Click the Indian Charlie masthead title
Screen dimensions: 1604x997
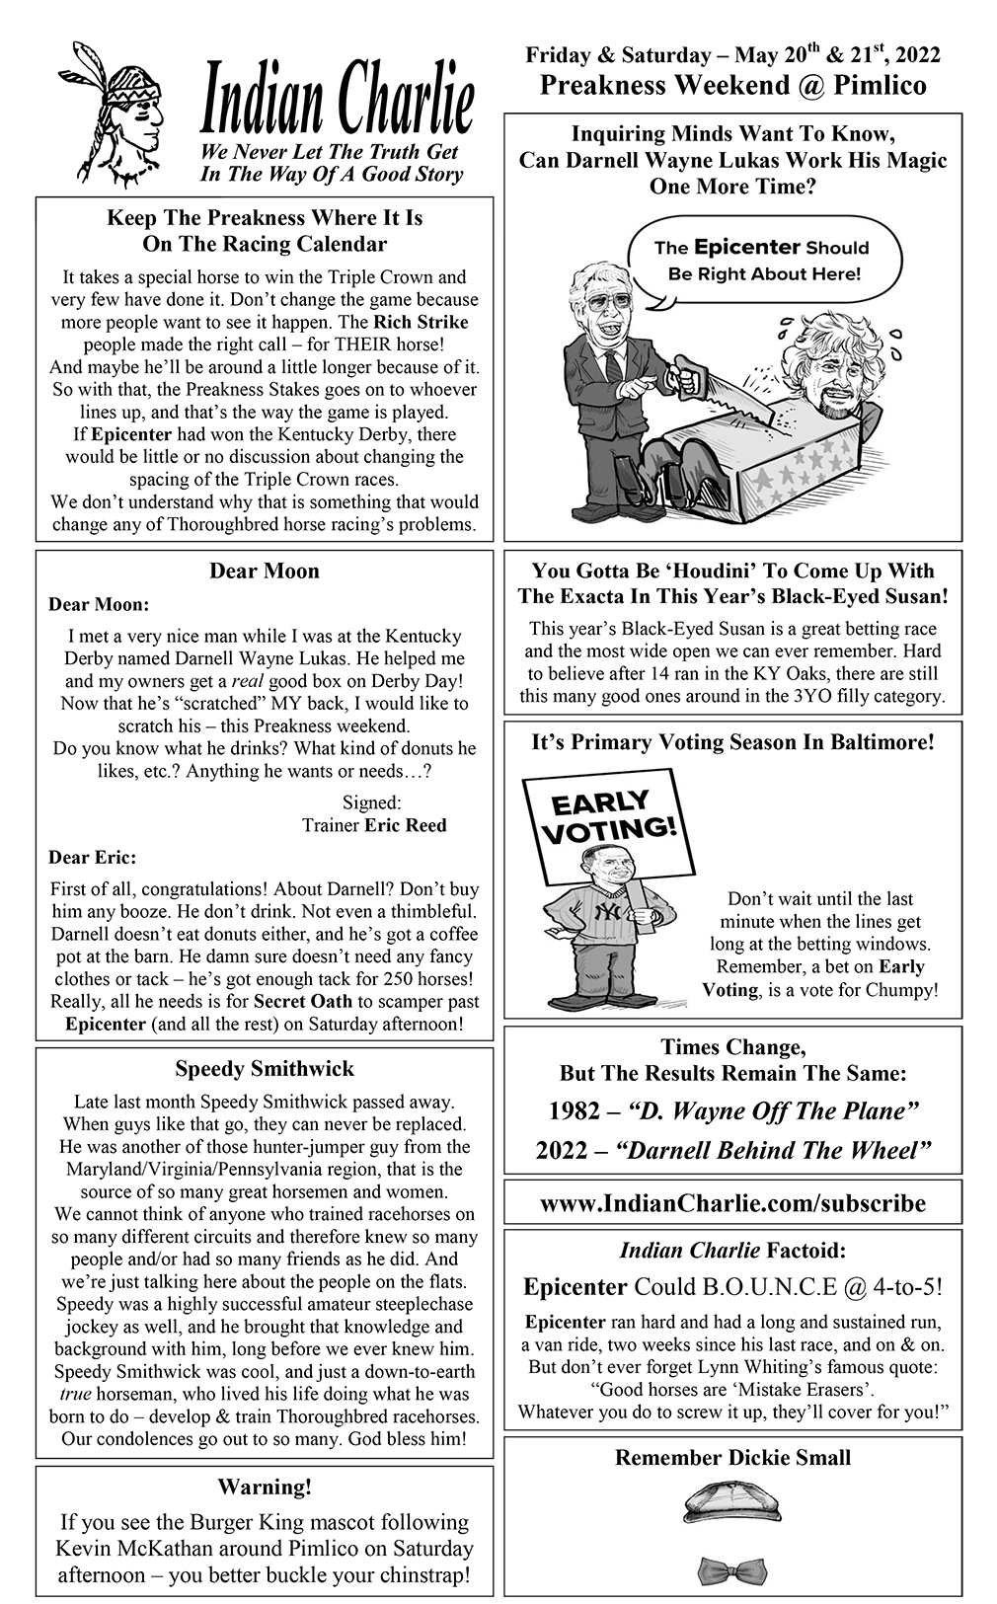click(337, 102)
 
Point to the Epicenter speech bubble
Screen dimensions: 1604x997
click(761, 261)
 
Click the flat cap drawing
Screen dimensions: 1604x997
click(732, 1503)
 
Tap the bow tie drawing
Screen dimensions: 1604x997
click(732, 1567)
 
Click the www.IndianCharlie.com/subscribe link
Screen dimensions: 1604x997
click(732, 1203)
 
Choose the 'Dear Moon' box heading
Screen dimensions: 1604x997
click(264, 571)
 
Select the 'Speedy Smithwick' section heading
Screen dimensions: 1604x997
click(264, 1068)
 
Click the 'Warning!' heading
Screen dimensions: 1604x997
click(264, 1487)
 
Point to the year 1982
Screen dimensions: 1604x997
click(575, 1111)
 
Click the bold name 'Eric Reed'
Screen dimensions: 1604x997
click(405, 825)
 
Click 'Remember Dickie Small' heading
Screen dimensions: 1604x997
click(732, 1458)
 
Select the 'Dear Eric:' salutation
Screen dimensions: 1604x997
click(93, 857)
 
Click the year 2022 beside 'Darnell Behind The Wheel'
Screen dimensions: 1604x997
click(562, 1151)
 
